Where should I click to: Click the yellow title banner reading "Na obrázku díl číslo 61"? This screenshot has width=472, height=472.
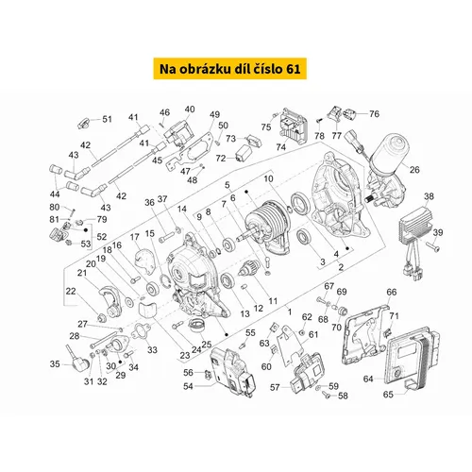point(230,68)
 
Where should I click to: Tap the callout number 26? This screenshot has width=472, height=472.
point(414,170)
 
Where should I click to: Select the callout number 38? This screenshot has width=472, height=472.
point(429,196)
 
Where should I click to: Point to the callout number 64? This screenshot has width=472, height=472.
point(368,379)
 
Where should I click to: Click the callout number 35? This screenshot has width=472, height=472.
point(55,364)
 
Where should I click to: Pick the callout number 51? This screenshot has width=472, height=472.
point(107,119)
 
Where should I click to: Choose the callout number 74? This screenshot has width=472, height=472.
point(280,147)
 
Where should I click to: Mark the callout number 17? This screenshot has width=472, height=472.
point(134,237)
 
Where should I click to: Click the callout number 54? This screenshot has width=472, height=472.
point(188,386)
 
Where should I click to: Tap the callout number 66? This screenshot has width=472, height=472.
point(392,292)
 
